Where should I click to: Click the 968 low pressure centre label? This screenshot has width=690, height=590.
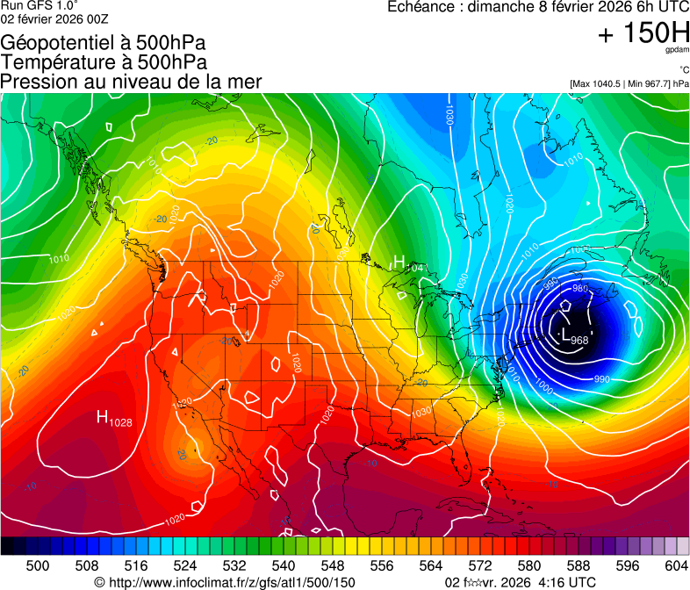[x=579, y=341]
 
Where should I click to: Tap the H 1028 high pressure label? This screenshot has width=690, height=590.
[x=115, y=421]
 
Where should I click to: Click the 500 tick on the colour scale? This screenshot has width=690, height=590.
[x=38, y=565]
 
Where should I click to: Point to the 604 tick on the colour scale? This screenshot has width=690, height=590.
[x=677, y=565]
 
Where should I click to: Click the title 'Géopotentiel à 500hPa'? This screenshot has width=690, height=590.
[x=104, y=43]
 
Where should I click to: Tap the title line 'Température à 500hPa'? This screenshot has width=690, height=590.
[x=104, y=62]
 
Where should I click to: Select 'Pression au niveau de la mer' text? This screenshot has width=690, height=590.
[x=131, y=82]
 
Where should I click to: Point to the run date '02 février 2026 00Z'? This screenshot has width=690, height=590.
[x=54, y=18]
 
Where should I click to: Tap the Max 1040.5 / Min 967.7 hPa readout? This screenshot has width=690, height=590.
[x=629, y=84]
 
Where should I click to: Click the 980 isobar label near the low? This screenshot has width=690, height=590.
[x=579, y=288]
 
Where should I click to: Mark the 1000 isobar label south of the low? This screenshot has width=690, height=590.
[x=544, y=386]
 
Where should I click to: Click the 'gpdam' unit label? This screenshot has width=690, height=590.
[x=677, y=51]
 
